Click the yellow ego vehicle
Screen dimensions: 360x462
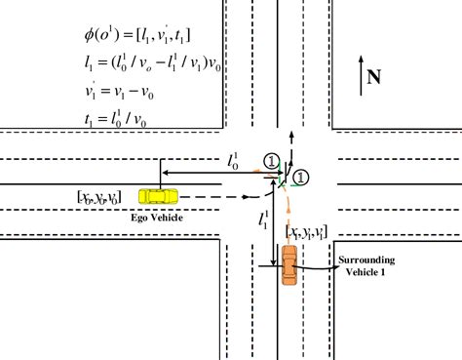tap(156, 196)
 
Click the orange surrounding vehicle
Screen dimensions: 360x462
tap(289, 264)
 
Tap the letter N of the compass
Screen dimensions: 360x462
tap(373, 75)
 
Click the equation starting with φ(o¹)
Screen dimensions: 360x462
tap(137, 36)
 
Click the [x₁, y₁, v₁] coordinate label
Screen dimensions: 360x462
tap(307, 231)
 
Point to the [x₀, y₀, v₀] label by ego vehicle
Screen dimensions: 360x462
tap(99, 197)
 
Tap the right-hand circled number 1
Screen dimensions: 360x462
tap(301, 177)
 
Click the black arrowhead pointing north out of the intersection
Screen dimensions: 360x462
tap(289, 130)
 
